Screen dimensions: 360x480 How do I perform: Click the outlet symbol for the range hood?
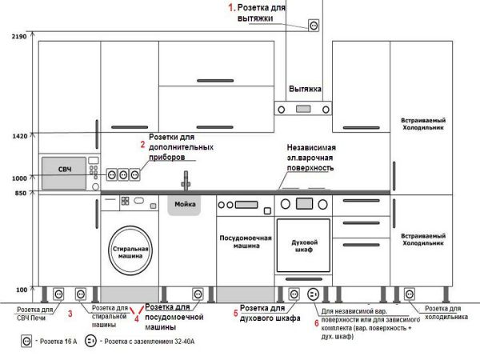click(x=314, y=26)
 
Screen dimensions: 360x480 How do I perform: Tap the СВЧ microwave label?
click(x=65, y=171)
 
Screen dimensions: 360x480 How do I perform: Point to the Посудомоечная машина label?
click(x=246, y=242)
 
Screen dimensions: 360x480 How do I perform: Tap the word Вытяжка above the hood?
click(x=305, y=89)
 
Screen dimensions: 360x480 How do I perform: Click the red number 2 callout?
click(x=142, y=145)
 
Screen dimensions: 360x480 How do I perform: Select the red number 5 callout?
click(x=235, y=313)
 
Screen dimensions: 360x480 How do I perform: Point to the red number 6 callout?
click(x=316, y=322)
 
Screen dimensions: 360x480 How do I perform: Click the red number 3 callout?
click(x=70, y=314)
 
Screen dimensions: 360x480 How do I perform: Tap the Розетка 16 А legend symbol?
click(x=26, y=341)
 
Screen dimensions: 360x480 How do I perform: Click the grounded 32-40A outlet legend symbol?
click(x=91, y=341)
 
